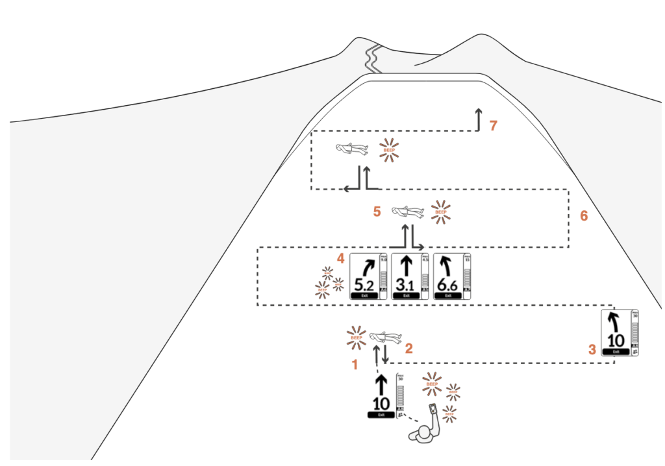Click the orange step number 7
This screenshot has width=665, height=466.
tap(494, 126)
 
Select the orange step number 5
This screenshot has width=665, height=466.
tap(377, 212)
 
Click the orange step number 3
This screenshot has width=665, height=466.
tap(592, 349)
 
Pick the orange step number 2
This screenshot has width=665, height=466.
tap(409, 348)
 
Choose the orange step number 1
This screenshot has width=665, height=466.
tap(355, 365)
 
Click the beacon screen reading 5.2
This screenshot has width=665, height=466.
tap(368, 276)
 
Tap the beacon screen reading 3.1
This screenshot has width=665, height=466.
tap(410, 276)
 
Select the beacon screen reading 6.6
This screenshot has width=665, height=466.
tap(452, 276)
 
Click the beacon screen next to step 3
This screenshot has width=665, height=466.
tap(620, 332)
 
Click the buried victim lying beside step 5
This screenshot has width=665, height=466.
tap(408, 212)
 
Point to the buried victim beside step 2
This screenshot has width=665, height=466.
tap(386, 337)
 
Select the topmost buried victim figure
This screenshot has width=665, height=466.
tap(351, 149)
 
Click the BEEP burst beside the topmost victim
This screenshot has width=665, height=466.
tap(390, 149)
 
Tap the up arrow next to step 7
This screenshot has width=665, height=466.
tap(479, 119)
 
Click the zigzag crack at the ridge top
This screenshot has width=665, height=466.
tap(371, 58)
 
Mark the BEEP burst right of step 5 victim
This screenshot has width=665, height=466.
tap(441, 212)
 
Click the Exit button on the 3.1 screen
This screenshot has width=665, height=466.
tap(406, 295)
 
